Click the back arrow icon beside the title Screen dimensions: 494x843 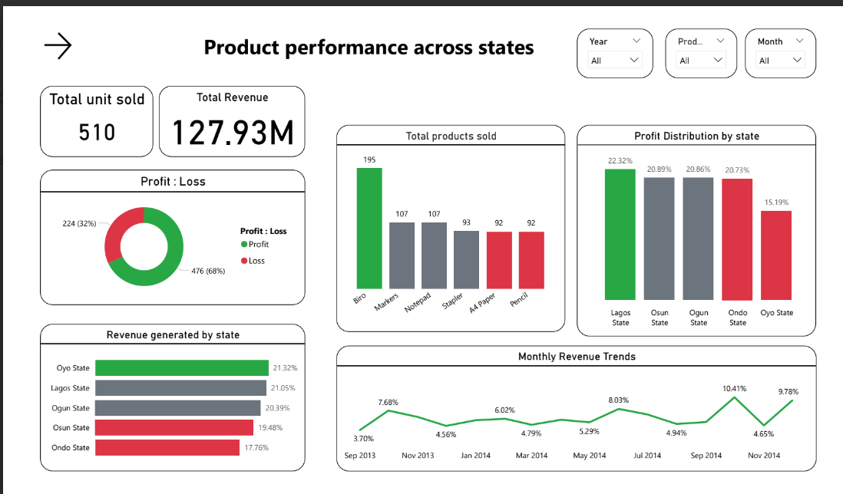[x=58, y=47]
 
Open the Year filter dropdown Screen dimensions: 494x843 [x=615, y=60]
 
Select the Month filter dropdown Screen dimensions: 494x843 [x=781, y=60]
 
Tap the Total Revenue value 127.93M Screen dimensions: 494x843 [x=232, y=132]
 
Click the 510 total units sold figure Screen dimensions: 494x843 [x=97, y=132]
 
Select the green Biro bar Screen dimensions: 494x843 [x=369, y=227]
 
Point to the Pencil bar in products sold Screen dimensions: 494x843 [x=531, y=260]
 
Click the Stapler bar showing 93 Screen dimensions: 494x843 [x=466, y=259]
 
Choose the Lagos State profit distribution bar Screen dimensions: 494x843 [x=620, y=234]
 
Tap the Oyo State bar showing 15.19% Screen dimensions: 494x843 [x=776, y=255]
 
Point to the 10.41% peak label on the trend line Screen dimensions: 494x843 [x=734, y=389]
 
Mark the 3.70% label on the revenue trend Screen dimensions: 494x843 [x=363, y=439]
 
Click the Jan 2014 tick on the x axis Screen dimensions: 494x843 [x=476, y=456]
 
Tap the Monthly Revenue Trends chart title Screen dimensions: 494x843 [x=577, y=357]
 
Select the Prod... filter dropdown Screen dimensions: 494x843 [x=701, y=60]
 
